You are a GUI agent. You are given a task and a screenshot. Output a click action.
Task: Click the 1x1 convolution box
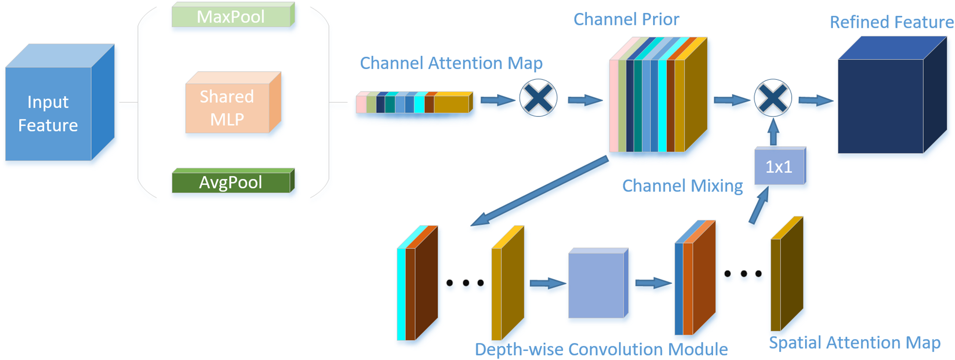point(779,167)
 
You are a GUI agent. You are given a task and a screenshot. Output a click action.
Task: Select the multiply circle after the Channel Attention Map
point(538,98)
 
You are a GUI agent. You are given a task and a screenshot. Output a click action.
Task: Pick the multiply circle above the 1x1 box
point(772,98)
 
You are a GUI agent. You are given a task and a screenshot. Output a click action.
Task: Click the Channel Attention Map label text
point(451,63)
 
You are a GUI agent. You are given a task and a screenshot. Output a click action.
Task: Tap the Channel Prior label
point(626,19)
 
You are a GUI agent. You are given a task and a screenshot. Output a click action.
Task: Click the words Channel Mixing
point(682,186)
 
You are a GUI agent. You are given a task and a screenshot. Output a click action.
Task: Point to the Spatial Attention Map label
point(854,343)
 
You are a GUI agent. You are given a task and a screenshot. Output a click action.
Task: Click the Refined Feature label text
point(891,22)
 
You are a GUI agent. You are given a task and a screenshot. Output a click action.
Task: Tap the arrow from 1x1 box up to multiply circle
point(773,132)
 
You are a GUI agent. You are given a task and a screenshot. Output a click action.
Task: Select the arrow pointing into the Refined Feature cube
point(815,101)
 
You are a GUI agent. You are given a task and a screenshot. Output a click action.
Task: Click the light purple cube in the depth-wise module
point(597,284)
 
